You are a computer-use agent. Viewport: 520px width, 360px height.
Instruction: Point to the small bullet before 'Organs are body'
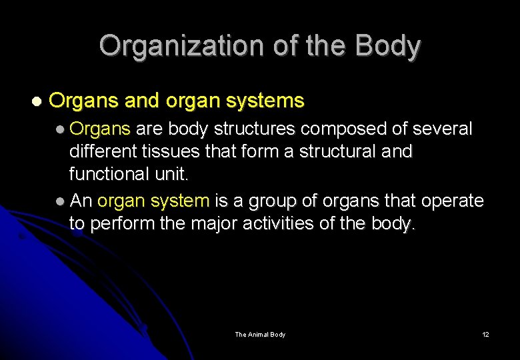coord(61,129)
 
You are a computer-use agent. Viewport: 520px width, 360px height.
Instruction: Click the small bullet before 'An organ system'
coord(61,201)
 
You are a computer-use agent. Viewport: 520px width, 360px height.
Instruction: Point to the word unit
coord(173,174)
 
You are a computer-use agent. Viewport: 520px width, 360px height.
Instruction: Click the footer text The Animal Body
coord(260,334)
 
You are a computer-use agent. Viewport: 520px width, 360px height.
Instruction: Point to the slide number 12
coord(485,334)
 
